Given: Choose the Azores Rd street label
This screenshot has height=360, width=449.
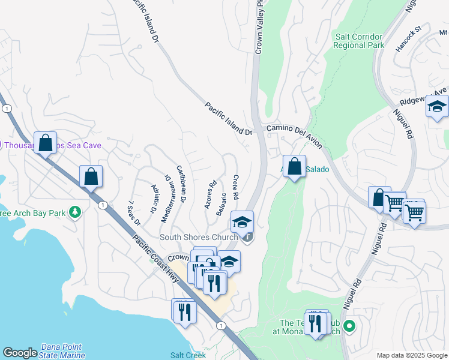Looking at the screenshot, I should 209,194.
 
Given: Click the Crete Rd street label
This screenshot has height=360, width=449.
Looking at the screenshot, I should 236,187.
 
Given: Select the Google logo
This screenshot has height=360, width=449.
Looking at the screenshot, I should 20,353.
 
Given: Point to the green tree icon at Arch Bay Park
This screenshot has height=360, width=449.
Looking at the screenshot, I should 75,212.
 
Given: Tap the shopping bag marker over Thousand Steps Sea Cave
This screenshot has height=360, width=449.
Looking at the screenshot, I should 45,143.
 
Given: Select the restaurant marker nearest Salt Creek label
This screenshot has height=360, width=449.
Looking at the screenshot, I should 184,310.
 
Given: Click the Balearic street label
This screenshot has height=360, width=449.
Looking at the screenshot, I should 223,205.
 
